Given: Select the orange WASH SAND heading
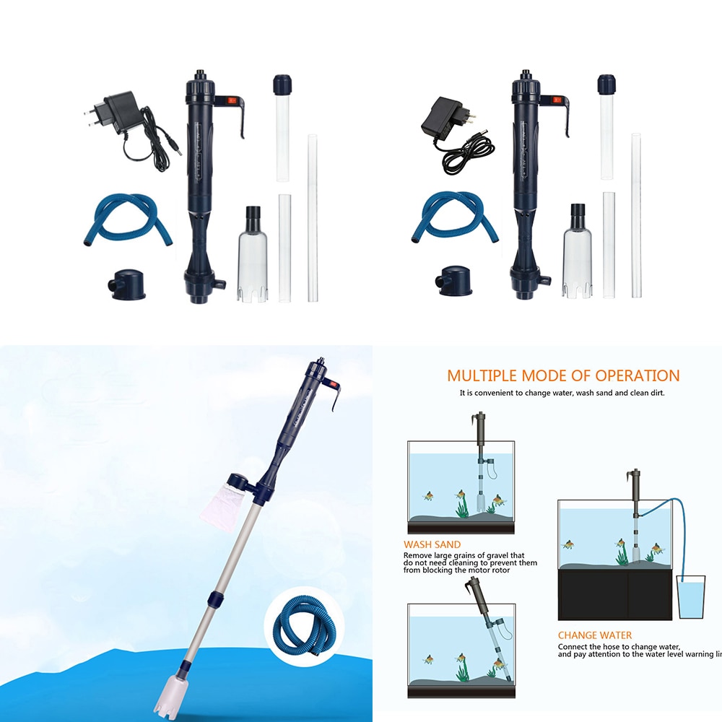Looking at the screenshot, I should point(432,544).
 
